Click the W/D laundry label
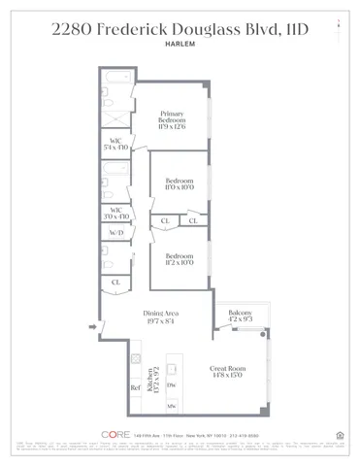click(x=116, y=233)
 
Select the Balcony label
click(x=237, y=314)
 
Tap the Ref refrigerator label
click(x=135, y=388)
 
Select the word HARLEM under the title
click(x=180, y=42)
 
